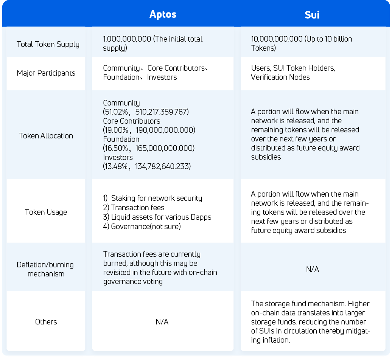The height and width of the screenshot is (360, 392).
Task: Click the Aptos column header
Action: pyautogui.click(x=163, y=14)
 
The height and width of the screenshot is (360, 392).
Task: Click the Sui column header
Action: pyautogui.click(x=312, y=15)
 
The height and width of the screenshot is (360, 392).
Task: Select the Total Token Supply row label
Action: pyautogui.click(x=48, y=44)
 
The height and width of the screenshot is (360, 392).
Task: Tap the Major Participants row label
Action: pyautogui.click(x=46, y=73)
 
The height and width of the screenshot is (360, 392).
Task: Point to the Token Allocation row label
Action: pyautogui.click(x=46, y=136)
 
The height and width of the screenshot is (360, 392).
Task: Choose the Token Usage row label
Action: pyautogui.click(x=46, y=212)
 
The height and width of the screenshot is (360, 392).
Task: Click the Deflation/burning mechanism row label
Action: pyautogui.click(x=46, y=269)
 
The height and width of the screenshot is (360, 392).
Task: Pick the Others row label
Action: pyautogui.click(x=46, y=322)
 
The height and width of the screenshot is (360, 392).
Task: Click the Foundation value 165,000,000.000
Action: pyautogui.click(x=165, y=148)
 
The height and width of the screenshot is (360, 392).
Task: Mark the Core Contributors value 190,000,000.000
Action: pyautogui.click(x=165, y=130)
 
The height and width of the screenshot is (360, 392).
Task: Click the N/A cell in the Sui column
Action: pyautogui.click(x=312, y=269)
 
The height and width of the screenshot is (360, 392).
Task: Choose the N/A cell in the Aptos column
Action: pyautogui.click(x=162, y=322)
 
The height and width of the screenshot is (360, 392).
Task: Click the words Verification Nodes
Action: pyautogui.click(x=280, y=77)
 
